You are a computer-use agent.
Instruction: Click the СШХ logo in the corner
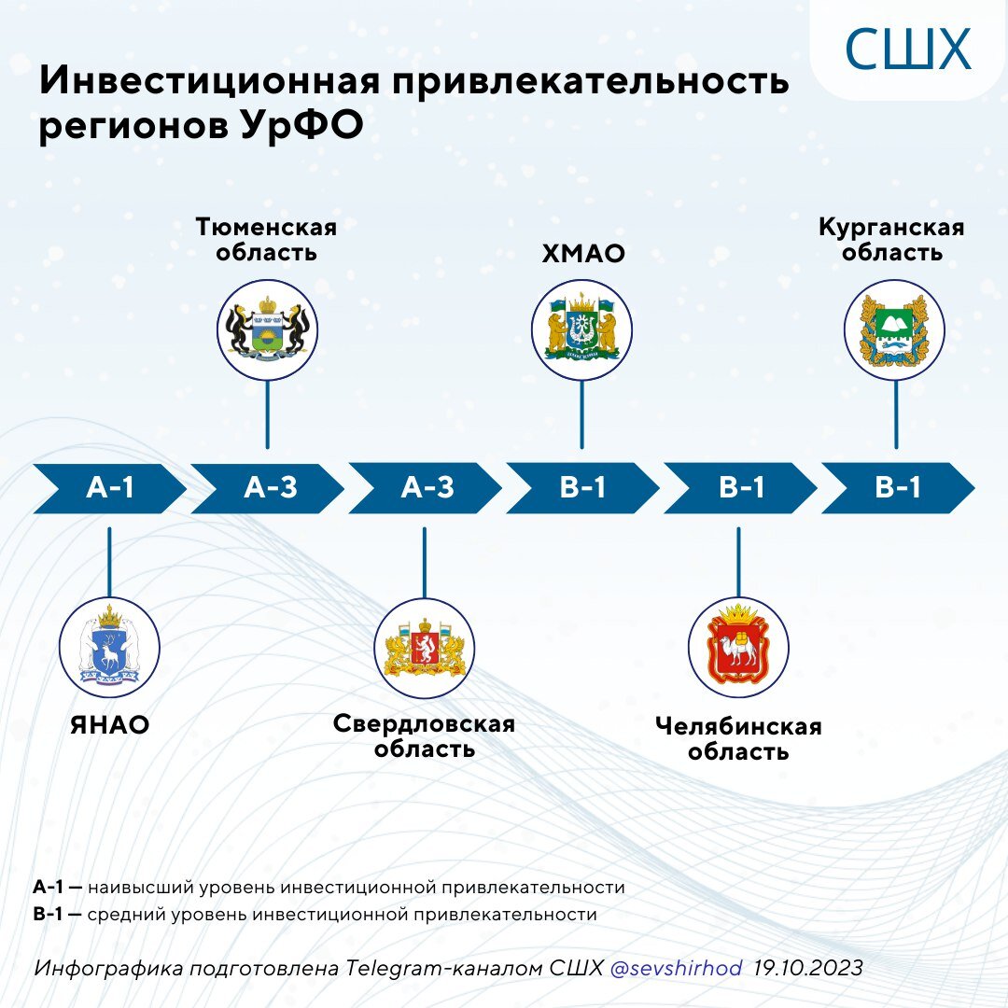tap(907, 49)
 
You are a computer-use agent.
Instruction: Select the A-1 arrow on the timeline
tap(110, 487)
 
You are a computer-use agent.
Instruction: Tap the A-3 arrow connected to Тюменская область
tap(269, 487)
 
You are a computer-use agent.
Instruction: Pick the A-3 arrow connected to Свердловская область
tap(426, 487)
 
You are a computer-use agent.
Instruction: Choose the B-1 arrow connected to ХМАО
tap(583, 487)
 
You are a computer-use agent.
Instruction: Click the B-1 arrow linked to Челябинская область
tap(740, 487)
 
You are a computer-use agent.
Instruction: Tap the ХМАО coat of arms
tap(582, 329)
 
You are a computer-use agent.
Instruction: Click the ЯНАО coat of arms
tap(110, 646)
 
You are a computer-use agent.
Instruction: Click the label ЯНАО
tap(110, 725)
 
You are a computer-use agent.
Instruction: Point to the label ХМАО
tap(583, 253)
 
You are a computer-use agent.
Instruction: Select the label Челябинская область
tap(738, 738)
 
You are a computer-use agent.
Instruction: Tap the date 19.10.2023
tap(808, 969)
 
